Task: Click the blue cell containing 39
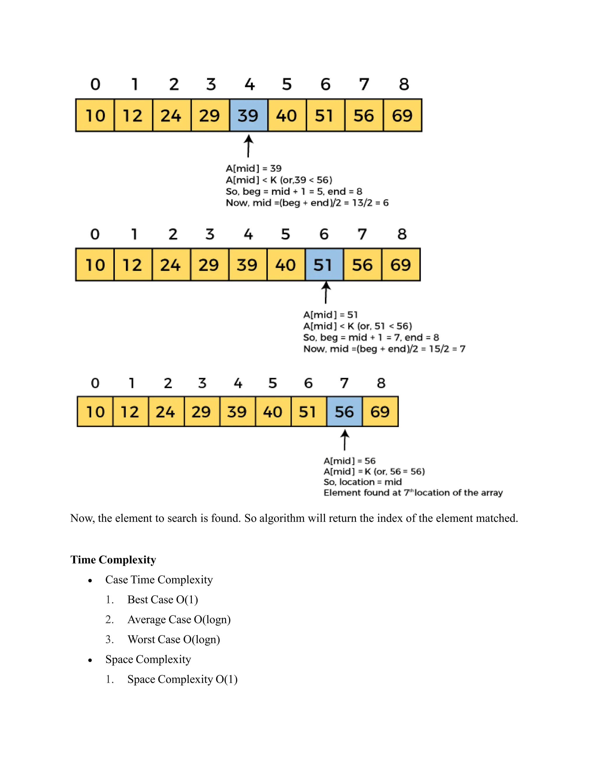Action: pos(249,116)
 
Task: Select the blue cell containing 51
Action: pos(324,265)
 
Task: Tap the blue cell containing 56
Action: pos(345,412)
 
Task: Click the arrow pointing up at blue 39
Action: pos(249,146)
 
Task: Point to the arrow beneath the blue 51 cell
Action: pos(326,293)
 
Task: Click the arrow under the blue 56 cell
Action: pos(345,440)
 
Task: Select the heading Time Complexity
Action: pos(113,559)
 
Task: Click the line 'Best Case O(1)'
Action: pos(162,599)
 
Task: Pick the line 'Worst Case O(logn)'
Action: pos(174,639)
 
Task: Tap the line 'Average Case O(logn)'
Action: pos(179,619)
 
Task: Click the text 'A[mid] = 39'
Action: pos(254,169)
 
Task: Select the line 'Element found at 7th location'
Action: pos(413,493)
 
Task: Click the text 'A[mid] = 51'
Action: pos(330,315)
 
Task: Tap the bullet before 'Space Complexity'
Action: pos(90,660)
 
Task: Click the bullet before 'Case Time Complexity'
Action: pos(90,580)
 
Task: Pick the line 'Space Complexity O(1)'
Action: pos(182,679)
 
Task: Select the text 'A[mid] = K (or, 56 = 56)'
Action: pos(374,471)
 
